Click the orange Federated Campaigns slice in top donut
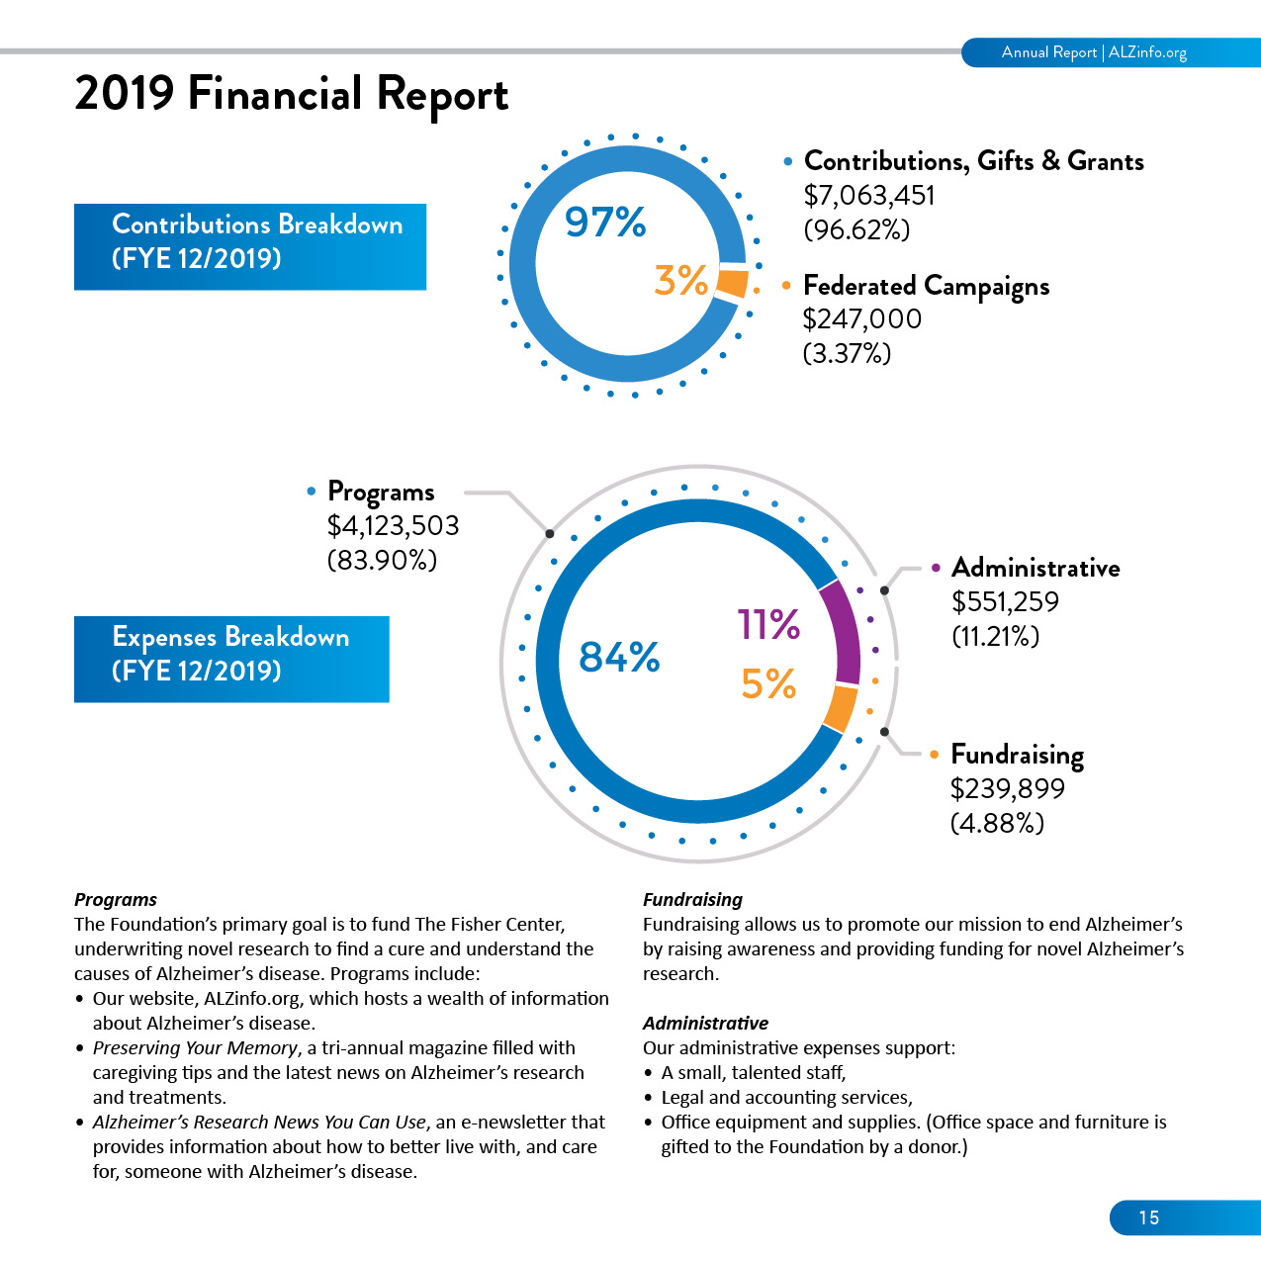pyautogui.click(x=732, y=283)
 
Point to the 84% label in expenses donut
pyautogui.click(x=619, y=657)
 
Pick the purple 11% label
pyautogui.click(x=768, y=624)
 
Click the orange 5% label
pyautogui.click(x=768, y=683)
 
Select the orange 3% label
pyautogui.click(x=680, y=281)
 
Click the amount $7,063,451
pyautogui.click(x=869, y=195)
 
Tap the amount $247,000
pyautogui.click(x=861, y=318)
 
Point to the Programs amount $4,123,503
pyautogui.click(x=393, y=525)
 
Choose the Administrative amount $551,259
pyautogui.click(x=1005, y=601)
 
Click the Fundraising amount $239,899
pyautogui.click(x=1008, y=788)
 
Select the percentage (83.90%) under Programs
pyautogui.click(x=382, y=560)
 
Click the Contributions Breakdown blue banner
pyautogui.click(x=250, y=246)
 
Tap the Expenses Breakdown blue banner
pyautogui.click(x=231, y=659)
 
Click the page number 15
pyautogui.click(x=1149, y=1217)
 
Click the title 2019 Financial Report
pyautogui.click(x=291, y=95)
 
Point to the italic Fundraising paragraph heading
pyautogui.click(x=692, y=900)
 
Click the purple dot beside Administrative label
pyautogui.click(x=936, y=568)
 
